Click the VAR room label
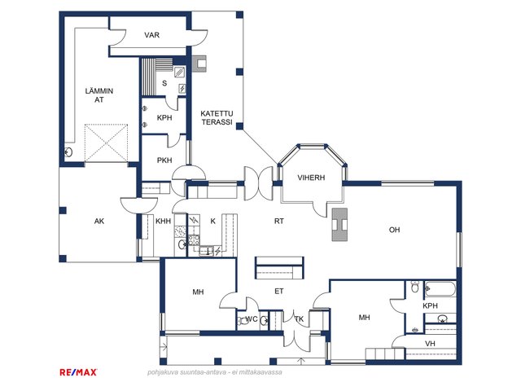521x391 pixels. click(x=152, y=35)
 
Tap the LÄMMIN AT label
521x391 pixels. click(x=99, y=95)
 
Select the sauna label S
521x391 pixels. click(x=164, y=83)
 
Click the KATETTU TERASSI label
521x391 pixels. click(x=217, y=117)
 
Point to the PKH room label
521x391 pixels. click(x=164, y=160)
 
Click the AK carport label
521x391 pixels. click(x=99, y=221)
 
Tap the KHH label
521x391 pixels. click(x=163, y=221)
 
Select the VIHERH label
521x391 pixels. click(x=311, y=178)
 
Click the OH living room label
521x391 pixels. click(x=394, y=230)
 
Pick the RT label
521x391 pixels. click(x=279, y=221)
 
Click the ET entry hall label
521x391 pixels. click(x=279, y=292)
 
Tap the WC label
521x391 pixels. click(x=252, y=319)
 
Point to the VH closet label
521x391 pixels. click(x=430, y=344)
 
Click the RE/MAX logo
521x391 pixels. click(x=78, y=372)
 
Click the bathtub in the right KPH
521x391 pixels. click(x=440, y=289)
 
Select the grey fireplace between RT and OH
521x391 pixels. click(x=339, y=225)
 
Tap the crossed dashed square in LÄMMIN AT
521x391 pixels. click(x=106, y=143)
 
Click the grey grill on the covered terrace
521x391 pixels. click(x=199, y=64)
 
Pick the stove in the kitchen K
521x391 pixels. click(x=194, y=240)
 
